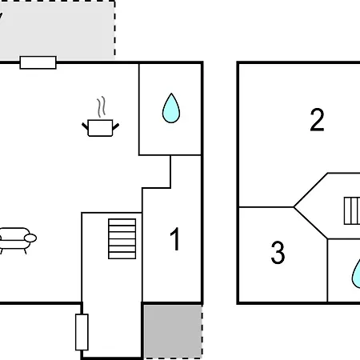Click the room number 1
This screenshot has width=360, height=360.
pyautogui.click(x=175, y=239)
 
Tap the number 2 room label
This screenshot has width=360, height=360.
pyautogui.click(x=317, y=119)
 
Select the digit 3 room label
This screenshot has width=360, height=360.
pyautogui.click(x=278, y=252)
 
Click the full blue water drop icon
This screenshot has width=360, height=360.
pyautogui.click(x=171, y=108)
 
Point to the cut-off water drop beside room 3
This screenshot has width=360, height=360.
pyautogui.click(x=356, y=274)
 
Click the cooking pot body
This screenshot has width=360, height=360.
pyautogui.click(x=100, y=128)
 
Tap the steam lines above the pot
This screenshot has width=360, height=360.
pyautogui.click(x=102, y=106)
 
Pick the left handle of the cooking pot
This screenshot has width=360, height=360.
pyautogui.click(x=85, y=126)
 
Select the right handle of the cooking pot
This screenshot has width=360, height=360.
pyautogui.click(x=116, y=126)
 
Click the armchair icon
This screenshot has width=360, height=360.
pyautogui.click(x=17, y=240)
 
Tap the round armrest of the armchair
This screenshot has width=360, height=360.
pyautogui.click(x=30, y=238)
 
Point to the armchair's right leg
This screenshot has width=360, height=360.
pyautogui.click(x=26, y=251)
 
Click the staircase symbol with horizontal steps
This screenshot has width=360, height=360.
pyautogui.click(x=122, y=238)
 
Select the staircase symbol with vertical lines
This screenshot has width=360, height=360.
pyautogui.click(x=352, y=210)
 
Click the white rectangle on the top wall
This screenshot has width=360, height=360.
pyautogui.click(x=38, y=62)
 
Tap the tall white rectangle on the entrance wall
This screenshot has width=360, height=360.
pyautogui.click(x=82, y=332)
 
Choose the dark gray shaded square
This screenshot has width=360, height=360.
pyautogui.click(x=173, y=331)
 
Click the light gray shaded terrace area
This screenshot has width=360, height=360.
pyautogui.click(x=58, y=30)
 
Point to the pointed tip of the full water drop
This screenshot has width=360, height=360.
pyautogui.click(x=171, y=93)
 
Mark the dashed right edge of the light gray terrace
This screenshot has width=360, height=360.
pyautogui.click(x=114, y=30)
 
